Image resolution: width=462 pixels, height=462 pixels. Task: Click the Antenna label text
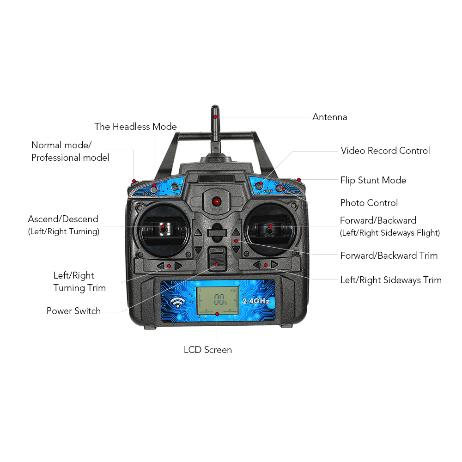click(x=329, y=117)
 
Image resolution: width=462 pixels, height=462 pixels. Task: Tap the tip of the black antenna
click(x=215, y=109)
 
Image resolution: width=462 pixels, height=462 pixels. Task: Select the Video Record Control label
click(x=385, y=151)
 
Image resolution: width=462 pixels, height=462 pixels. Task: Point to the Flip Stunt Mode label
click(x=373, y=180)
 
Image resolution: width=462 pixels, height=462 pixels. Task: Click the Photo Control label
click(x=369, y=203)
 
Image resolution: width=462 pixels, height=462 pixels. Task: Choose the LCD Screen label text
click(x=207, y=350)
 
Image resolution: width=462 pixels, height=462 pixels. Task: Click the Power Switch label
click(x=73, y=311)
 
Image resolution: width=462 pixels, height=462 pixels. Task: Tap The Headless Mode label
click(x=135, y=127)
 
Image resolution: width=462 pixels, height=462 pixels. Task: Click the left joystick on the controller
click(x=163, y=228)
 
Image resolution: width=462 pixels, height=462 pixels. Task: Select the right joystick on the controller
click(x=270, y=228)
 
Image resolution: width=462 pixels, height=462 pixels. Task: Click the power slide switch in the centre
click(x=217, y=259)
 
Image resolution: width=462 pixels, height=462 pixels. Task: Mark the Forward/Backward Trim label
click(x=389, y=255)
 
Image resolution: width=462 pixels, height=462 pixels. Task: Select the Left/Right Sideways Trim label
click(x=391, y=280)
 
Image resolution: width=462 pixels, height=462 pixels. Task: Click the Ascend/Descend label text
click(x=63, y=219)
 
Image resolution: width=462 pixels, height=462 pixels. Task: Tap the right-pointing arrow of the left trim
click(x=178, y=266)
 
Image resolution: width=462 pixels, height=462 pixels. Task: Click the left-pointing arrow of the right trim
click(x=257, y=265)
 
